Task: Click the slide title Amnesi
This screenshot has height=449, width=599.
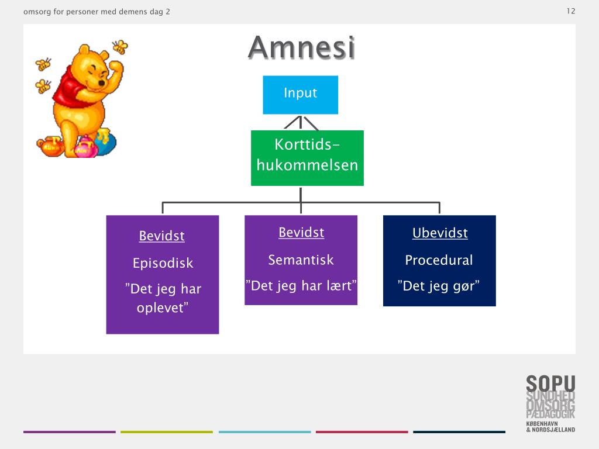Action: [301, 48]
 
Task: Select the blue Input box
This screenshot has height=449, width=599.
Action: [300, 94]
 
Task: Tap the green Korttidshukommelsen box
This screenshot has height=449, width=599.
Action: [307, 157]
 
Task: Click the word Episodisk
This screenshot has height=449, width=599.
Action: [163, 263]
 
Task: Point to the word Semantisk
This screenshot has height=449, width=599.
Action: [301, 260]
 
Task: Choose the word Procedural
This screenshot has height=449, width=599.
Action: [439, 260]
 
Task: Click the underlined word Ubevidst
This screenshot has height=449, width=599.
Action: [440, 233]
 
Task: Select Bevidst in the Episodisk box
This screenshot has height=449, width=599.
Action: [162, 236]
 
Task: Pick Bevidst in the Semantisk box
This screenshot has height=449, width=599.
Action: [301, 233]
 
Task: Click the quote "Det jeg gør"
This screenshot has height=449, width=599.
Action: [439, 286]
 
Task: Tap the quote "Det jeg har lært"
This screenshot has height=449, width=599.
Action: [301, 286]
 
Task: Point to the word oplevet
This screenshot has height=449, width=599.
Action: [162, 308]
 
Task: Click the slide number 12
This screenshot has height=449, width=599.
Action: [571, 11]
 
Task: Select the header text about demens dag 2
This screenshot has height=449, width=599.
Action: [97, 12]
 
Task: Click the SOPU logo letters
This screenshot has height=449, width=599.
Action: [550, 384]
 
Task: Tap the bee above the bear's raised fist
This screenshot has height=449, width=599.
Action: [120, 47]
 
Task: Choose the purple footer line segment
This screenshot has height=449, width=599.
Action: [70, 432]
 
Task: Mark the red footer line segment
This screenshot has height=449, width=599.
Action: [362, 432]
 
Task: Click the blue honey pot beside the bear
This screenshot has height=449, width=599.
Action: [105, 144]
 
